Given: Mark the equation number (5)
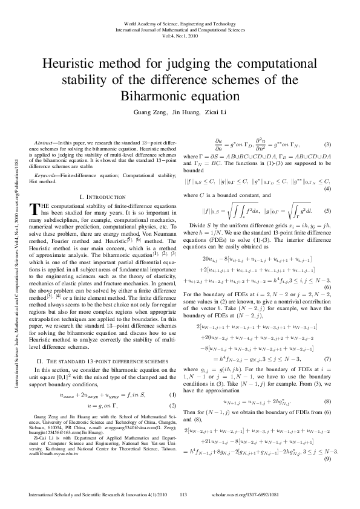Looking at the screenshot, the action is point(327,211).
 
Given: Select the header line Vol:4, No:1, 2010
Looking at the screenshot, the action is point(180,35).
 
